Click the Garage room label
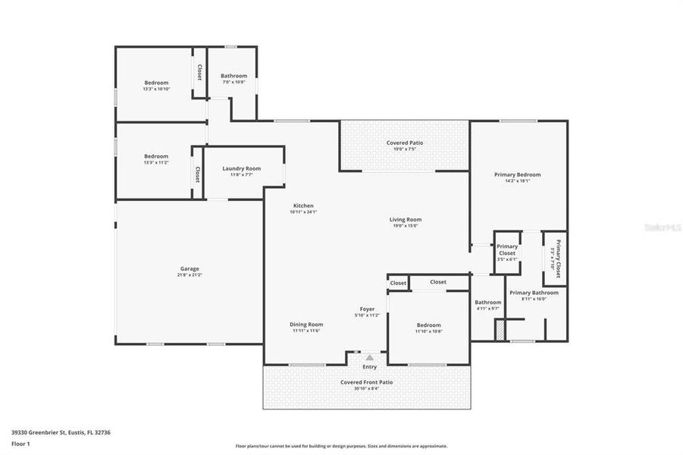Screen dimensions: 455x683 coord(190,268)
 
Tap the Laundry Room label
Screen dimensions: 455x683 coord(241,168)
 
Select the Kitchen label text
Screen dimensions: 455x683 coord(303,206)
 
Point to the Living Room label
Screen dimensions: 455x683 coord(406,219)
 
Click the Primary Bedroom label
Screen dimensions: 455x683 coord(517,174)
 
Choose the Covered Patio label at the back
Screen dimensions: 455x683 coord(405,143)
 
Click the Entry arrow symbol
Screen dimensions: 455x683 coord(369,357)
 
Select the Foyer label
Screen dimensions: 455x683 coord(368,309)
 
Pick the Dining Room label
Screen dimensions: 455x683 coord(306,325)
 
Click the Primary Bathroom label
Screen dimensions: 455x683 coord(534,293)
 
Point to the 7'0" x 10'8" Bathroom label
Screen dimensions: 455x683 coord(233,76)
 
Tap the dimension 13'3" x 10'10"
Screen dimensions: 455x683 coord(156,89)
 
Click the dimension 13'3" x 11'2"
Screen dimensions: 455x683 coord(156,162)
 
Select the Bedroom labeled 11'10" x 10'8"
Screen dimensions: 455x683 coord(428,325)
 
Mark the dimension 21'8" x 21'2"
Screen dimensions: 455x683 coord(190,275)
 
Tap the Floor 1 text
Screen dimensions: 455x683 coord(21,443)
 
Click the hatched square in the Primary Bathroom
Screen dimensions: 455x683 coord(500,331)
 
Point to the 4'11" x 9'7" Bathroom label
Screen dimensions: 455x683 coord(488,303)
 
